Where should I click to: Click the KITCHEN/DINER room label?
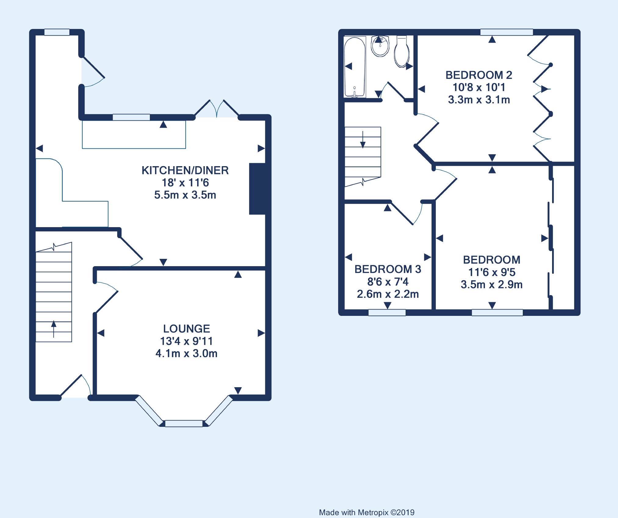pyautogui.click(x=185, y=170)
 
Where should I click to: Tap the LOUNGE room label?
pyautogui.click(x=186, y=329)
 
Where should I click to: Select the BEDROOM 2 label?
pyautogui.click(x=479, y=75)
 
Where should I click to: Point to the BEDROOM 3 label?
pyautogui.click(x=388, y=269)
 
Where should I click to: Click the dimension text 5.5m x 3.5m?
pyautogui.click(x=185, y=195)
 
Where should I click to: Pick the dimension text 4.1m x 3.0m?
pyautogui.click(x=186, y=354)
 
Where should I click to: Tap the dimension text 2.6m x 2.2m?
pyautogui.click(x=388, y=294)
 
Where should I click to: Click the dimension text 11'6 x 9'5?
pyautogui.click(x=492, y=272)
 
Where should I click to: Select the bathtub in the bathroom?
pyautogui.click(x=355, y=67)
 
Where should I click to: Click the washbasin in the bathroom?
pyautogui.click(x=380, y=46)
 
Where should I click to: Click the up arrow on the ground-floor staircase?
pyautogui.click(x=54, y=329)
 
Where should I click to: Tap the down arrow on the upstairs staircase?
pyautogui.click(x=363, y=140)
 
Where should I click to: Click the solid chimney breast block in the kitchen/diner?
pyautogui.click(x=258, y=189)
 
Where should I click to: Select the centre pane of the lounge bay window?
pyautogui.click(x=184, y=423)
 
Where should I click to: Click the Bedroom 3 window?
pyautogui.click(x=387, y=313)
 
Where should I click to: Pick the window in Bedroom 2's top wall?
pyautogui.click(x=507, y=32)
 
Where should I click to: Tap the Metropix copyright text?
pyautogui.click(x=367, y=513)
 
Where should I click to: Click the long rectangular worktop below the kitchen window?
pyautogui.click(x=134, y=135)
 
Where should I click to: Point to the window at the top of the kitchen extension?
pyautogui.click(x=57, y=32)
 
